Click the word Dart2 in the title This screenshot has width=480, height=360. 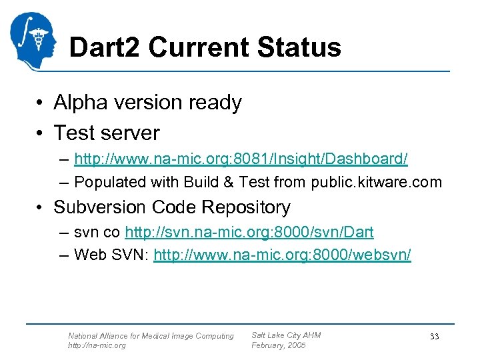[x=105, y=47]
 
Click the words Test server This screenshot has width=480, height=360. [x=107, y=133]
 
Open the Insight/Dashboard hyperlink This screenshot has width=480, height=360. [x=241, y=159]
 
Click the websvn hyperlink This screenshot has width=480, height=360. [x=282, y=255]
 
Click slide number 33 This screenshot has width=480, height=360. [x=434, y=337]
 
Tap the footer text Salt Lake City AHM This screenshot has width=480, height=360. [x=285, y=335]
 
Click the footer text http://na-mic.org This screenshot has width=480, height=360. [x=97, y=346]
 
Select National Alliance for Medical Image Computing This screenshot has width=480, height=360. [x=151, y=336]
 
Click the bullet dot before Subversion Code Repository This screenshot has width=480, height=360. [x=41, y=208]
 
